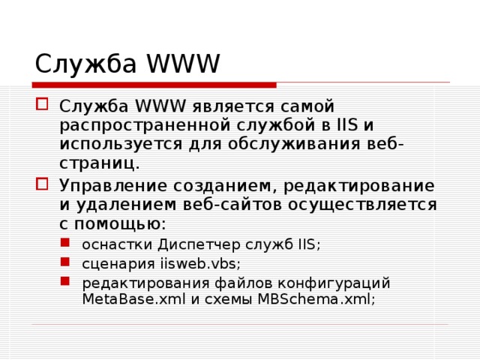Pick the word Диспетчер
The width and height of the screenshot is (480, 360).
point(198,244)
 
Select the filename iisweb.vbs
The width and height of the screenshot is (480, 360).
point(200,264)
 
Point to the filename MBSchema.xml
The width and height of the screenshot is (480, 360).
point(316,298)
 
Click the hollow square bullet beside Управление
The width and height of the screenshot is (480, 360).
point(43,184)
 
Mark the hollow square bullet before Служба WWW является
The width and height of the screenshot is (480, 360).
point(43,105)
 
